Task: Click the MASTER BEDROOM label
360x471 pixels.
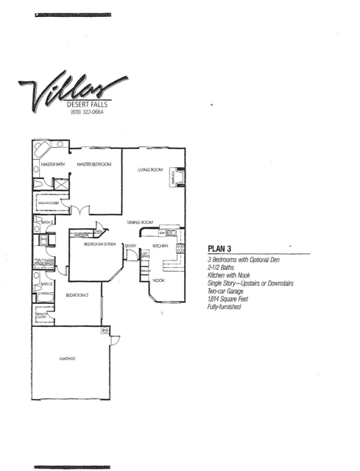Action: [94, 164]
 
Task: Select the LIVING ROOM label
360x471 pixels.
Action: [149, 170]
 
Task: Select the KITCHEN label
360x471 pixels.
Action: [160, 245]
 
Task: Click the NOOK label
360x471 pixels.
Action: [158, 280]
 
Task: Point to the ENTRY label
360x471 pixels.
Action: [130, 245]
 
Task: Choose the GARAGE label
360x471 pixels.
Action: [68, 358]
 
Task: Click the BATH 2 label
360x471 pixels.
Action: [46, 284]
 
